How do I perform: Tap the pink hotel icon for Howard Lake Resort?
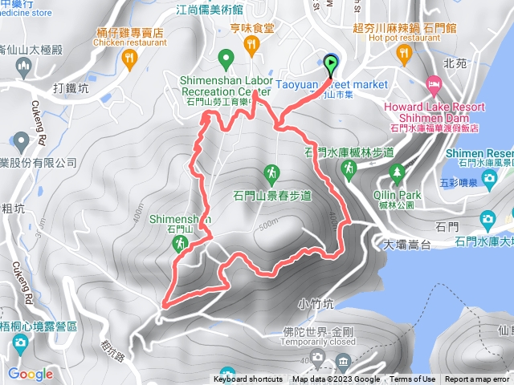433,83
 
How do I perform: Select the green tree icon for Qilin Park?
396,172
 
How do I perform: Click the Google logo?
31,373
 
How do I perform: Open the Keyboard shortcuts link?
248,379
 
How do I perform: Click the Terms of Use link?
413,379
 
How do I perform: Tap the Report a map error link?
477,379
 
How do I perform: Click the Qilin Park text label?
397,193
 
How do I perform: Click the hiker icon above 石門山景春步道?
272,172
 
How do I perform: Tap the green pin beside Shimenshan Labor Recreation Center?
227,59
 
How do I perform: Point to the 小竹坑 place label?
313,303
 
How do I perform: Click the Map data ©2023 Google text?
336,379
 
